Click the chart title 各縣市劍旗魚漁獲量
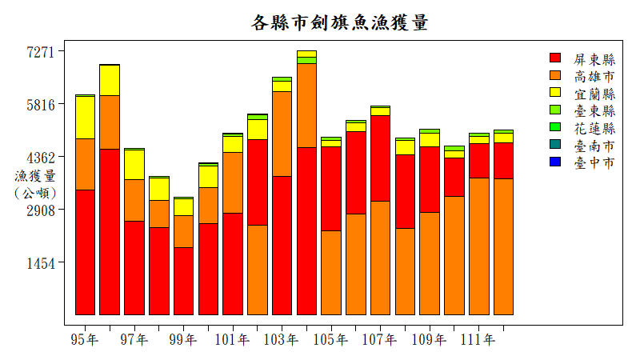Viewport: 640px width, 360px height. pyautogui.click(x=340, y=22)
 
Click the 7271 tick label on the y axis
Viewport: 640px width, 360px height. pyautogui.click(x=40, y=52)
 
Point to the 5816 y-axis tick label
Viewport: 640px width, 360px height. pyautogui.click(x=40, y=105)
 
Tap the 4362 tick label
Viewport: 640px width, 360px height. pyautogui.click(x=40, y=158)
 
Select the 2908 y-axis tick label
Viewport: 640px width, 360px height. pyautogui.click(x=40, y=210)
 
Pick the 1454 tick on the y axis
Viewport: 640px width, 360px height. pyautogui.click(x=40, y=263)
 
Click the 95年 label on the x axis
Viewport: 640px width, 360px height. pyautogui.click(x=85, y=340)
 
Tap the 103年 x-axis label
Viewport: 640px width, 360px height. pyautogui.click(x=282, y=340)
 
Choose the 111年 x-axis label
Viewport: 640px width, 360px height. pyautogui.click(x=478, y=340)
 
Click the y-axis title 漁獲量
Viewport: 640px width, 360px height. pyautogui.click(x=35, y=176)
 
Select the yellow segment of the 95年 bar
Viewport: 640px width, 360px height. pyautogui.click(x=85, y=118)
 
